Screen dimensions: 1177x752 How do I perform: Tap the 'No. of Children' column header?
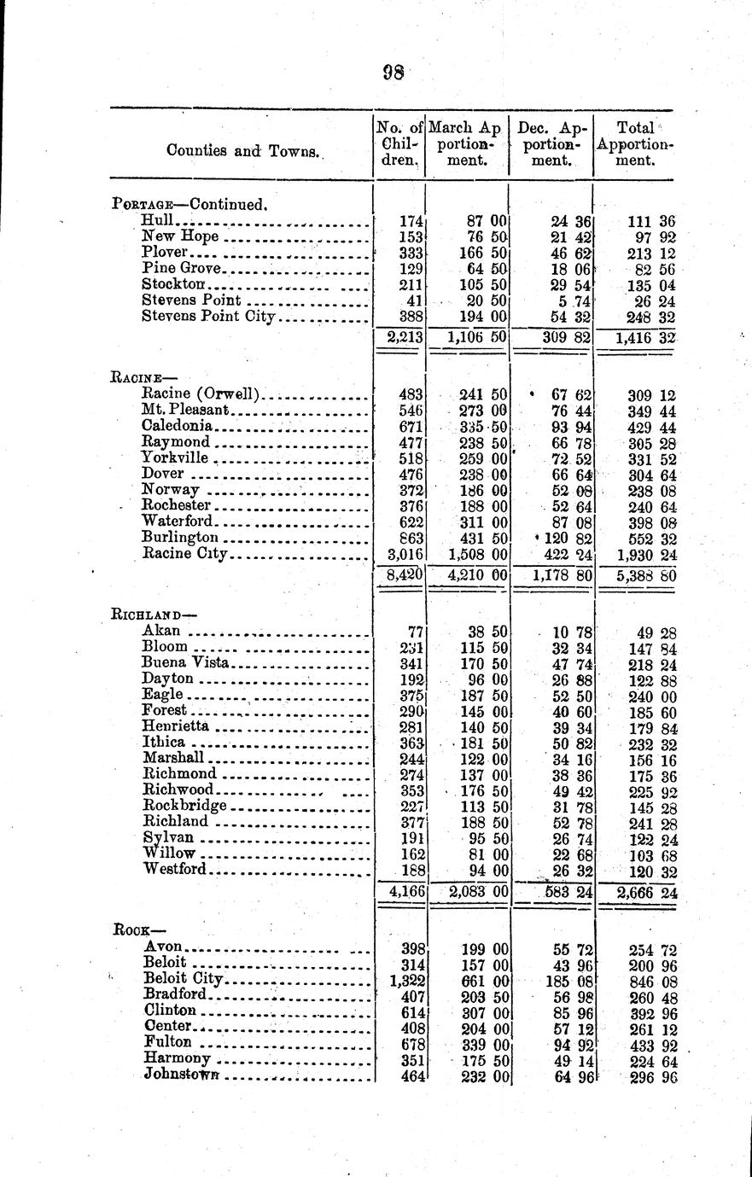pos(399,143)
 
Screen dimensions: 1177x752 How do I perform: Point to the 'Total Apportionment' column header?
pos(634,143)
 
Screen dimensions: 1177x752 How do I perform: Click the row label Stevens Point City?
pos(209,317)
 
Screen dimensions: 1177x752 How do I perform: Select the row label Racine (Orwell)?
pos(201,395)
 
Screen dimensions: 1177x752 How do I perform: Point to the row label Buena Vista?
pos(185,662)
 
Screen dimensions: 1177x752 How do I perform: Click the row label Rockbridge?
pos(184,806)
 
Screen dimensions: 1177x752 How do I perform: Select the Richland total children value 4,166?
pos(400,892)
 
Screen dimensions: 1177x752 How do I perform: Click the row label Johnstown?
pos(183,1075)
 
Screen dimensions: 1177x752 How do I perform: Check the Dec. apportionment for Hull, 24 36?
pos(571,220)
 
